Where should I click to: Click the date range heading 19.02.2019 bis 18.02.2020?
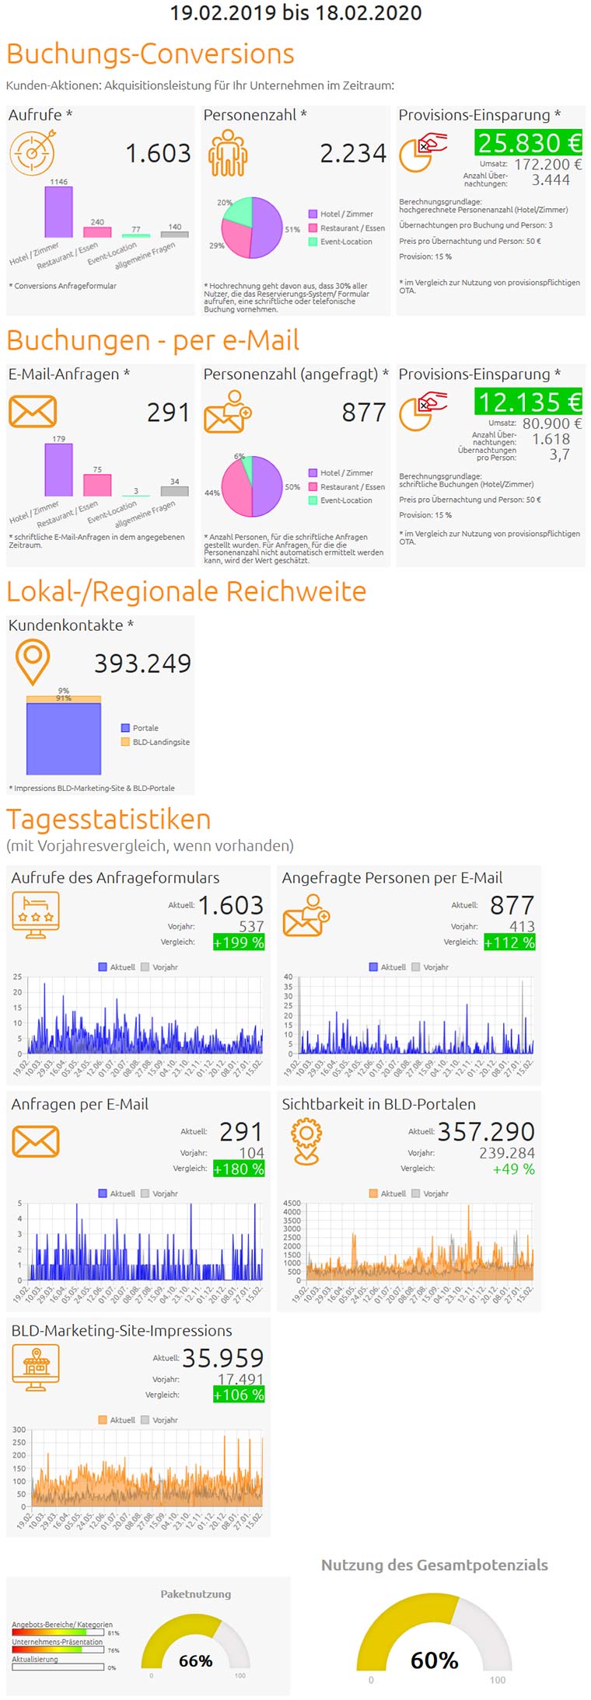[x=295, y=12]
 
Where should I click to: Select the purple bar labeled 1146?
[x=58, y=211]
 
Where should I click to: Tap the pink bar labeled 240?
[x=97, y=232]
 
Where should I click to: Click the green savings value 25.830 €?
[x=529, y=143]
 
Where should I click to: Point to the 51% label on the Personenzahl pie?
[x=292, y=229]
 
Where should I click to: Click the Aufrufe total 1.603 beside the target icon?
[x=158, y=153]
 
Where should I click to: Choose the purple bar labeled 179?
[x=58, y=470]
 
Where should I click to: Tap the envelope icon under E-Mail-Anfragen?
[x=33, y=412]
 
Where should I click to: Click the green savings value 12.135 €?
[x=529, y=402]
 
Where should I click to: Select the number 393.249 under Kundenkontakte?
[x=142, y=663]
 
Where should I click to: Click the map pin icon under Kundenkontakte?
[x=33, y=661]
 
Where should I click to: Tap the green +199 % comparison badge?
[x=239, y=942]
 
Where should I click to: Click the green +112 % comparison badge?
[x=509, y=942]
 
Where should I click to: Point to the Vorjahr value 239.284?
[x=506, y=1153]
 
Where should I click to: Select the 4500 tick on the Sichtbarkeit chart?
[x=292, y=1203]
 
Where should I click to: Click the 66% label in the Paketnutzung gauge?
[x=195, y=1660]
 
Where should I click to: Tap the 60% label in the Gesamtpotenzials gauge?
[x=434, y=1660]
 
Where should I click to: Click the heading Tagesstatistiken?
[x=109, y=819]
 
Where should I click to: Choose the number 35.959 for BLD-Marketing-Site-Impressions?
[x=222, y=1357]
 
